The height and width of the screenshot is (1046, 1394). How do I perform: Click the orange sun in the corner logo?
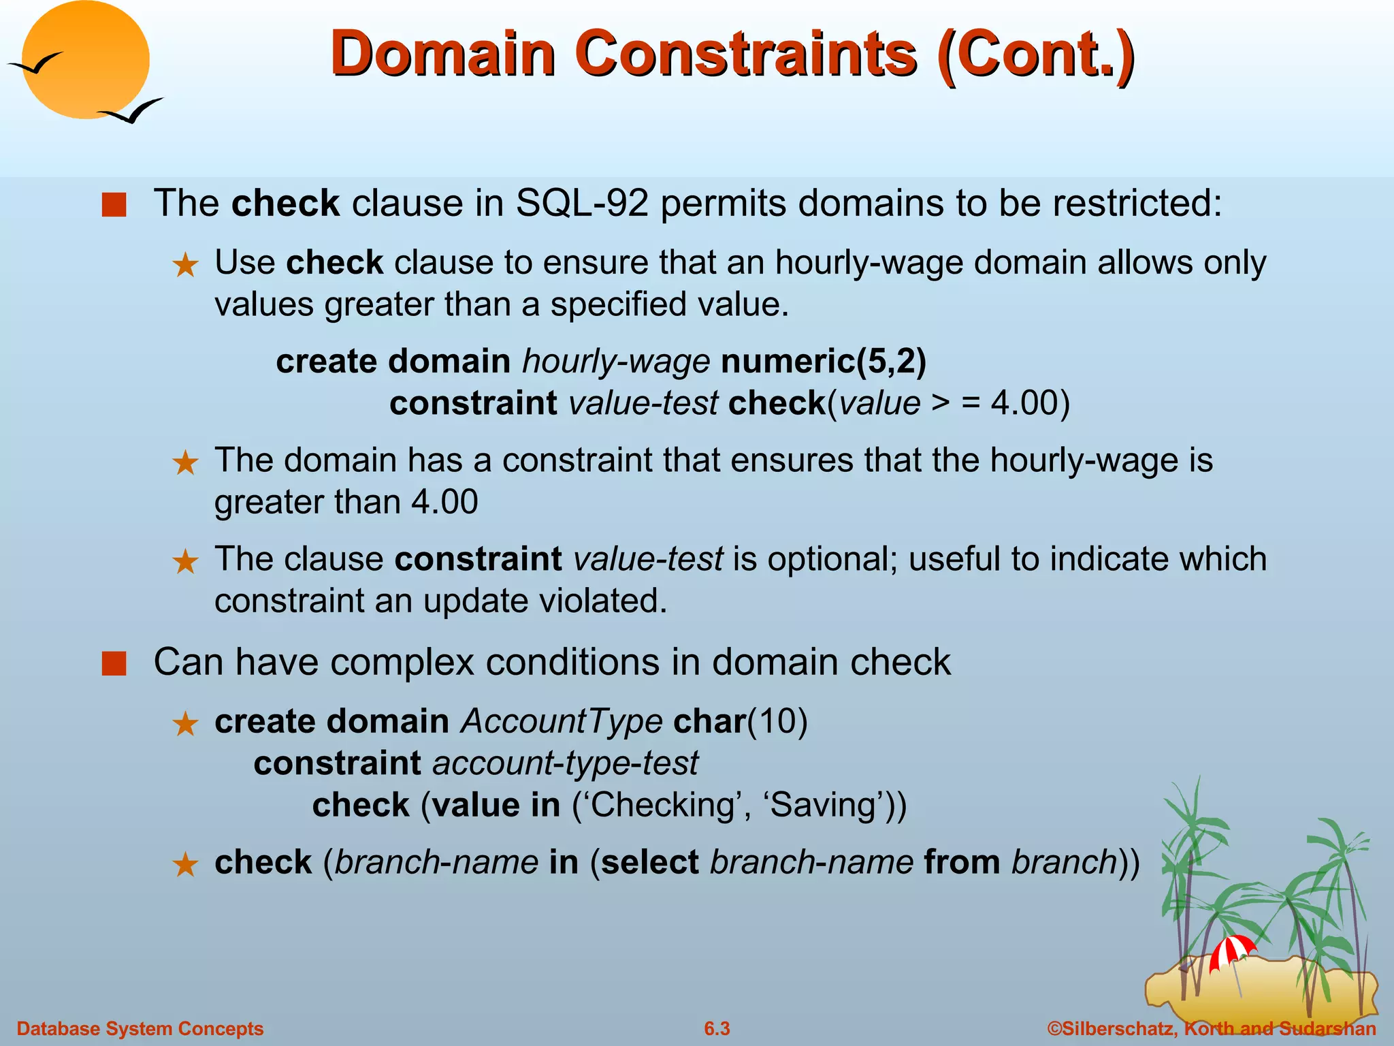click(x=85, y=60)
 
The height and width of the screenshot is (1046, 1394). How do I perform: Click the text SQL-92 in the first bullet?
click(x=582, y=203)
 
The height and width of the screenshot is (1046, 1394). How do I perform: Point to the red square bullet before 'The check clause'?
click(x=114, y=204)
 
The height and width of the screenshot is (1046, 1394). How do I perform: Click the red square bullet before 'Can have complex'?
click(x=114, y=663)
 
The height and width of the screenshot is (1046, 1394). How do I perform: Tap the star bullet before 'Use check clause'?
click(x=185, y=266)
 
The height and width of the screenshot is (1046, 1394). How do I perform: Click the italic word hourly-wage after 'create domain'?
click(x=616, y=361)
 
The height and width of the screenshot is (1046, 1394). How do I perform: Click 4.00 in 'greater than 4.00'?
click(x=444, y=503)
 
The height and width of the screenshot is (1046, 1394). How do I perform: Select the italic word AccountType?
click(x=562, y=721)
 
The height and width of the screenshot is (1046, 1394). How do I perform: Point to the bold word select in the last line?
click(x=650, y=863)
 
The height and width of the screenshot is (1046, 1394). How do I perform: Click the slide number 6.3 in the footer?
click(x=717, y=1028)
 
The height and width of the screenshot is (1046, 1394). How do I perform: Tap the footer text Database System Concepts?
click(x=140, y=1028)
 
